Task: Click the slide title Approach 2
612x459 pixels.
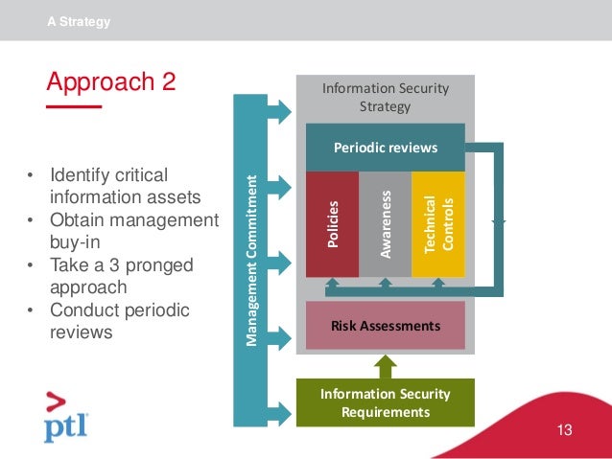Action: tap(111, 81)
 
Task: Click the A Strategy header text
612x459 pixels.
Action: tap(79, 21)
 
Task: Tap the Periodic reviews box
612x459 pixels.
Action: tap(385, 148)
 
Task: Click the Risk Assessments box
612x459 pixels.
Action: tap(385, 326)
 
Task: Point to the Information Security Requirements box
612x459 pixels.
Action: tap(385, 402)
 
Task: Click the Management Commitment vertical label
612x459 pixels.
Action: tap(251, 259)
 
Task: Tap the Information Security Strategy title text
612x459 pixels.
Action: tap(385, 97)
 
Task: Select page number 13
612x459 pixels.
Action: tap(564, 430)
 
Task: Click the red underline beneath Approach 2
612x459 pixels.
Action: tap(74, 107)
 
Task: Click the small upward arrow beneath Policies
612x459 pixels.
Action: tap(332, 284)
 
